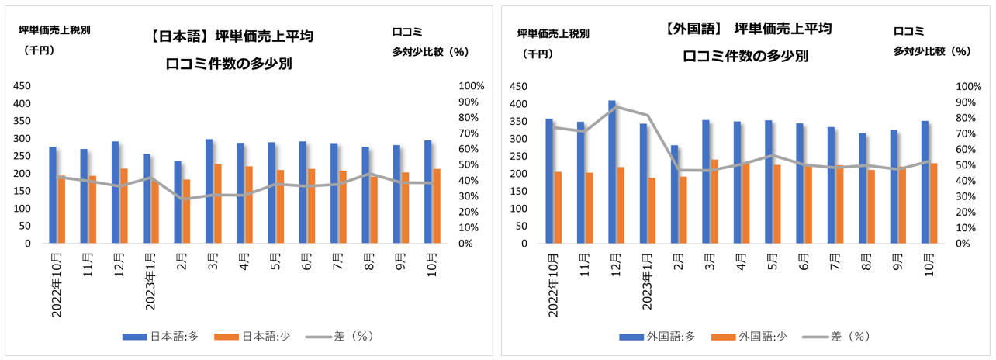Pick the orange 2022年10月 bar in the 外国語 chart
[558, 207]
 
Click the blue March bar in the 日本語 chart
[209, 191]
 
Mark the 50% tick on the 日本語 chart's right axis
[472, 165]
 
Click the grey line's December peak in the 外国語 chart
[614, 106]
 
